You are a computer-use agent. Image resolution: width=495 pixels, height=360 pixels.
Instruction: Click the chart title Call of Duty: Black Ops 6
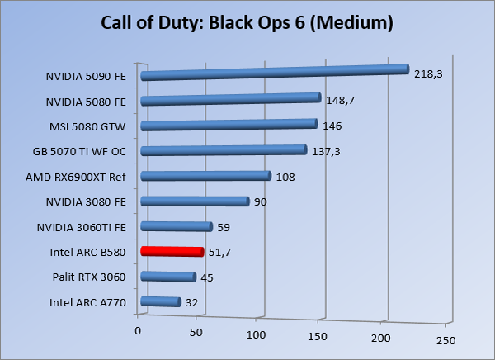point(247,22)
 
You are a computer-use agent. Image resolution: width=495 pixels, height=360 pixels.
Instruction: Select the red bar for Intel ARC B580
point(172,252)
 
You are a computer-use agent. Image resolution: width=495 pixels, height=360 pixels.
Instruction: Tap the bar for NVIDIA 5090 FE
point(275,73)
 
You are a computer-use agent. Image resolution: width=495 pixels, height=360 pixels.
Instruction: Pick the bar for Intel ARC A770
point(161,302)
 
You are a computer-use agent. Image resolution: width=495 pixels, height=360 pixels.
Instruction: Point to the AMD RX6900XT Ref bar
point(206,176)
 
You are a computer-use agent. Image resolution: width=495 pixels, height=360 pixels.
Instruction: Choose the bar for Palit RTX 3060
point(168,277)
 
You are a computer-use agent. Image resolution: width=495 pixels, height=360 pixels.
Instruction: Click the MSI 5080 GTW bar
point(229,125)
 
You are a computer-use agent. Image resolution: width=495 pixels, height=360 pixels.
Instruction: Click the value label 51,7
point(219,253)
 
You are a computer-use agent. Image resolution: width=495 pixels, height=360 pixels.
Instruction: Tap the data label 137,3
point(326,151)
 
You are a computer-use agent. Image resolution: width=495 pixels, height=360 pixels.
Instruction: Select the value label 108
point(285,177)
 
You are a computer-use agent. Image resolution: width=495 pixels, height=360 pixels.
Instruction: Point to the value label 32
point(192,303)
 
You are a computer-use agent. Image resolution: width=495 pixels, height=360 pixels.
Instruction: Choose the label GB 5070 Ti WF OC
point(79,151)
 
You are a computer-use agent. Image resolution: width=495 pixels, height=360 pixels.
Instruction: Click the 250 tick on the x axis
point(445,339)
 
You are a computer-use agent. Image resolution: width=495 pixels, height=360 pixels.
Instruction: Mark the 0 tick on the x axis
point(138,330)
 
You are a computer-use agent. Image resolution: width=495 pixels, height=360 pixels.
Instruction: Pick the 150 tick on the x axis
point(319,337)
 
